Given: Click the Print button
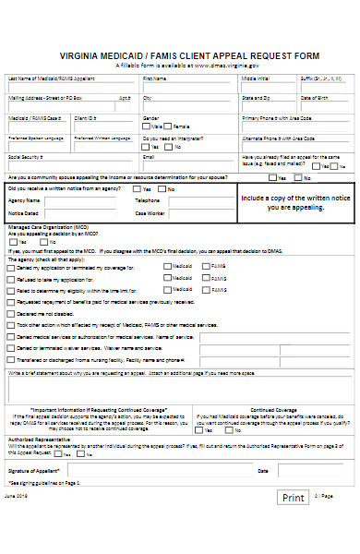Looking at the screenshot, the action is [x=293, y=524].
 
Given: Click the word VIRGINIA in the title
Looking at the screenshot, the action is [x=82, y=54].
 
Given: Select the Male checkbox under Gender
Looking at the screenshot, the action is [x=146, y=126].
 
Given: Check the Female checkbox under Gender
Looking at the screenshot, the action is [x=170, y=126].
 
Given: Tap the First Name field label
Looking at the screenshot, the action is [x=154, y=78].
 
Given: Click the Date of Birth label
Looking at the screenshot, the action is [x=314, y=98].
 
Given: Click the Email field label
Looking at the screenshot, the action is [x=149, y=158].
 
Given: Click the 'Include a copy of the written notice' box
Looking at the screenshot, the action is [x=295, y=203].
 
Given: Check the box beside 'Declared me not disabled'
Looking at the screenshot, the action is [x=11, y=313].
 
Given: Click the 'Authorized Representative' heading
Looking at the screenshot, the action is [x=37, y=440].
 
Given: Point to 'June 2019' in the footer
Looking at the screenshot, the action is [x=17, y=522].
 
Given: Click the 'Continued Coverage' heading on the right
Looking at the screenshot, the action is [x=273, y=410].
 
